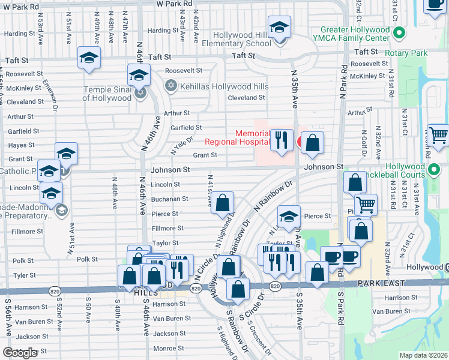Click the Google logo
[x=20, y=352]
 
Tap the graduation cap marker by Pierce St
[x=289, y=216]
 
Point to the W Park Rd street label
[x=174, y=4]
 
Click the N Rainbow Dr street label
[x=276, y=194]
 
